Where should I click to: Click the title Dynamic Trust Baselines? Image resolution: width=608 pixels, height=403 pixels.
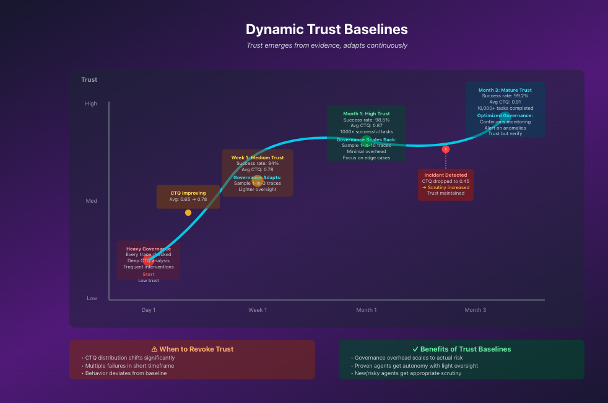(326, 29)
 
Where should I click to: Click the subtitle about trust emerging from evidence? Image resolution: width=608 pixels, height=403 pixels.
(326, 46)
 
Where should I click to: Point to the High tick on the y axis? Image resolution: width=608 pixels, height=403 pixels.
(91, 104)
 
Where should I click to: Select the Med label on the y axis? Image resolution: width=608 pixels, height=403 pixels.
(92, 201)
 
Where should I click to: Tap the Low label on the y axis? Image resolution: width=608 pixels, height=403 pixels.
(92, 298)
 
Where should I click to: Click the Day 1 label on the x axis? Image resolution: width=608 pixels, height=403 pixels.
(149, 310)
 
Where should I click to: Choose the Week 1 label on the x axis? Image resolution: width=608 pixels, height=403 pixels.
(258, 310)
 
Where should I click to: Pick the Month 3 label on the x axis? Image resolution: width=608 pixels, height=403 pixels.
(476, 310)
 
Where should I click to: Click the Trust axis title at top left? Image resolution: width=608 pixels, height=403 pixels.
(89, 80)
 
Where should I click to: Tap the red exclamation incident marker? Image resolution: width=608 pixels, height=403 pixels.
(446, 149)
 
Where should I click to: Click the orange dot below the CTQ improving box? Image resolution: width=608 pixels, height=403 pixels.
(188, 213)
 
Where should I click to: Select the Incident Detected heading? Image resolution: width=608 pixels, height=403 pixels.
(446, 175)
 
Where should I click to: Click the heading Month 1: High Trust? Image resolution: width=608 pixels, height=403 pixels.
(367, 114)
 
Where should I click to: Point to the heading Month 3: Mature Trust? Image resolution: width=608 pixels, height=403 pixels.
(505, 91)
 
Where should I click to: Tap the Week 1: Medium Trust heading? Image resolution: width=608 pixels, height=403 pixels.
(258, 158)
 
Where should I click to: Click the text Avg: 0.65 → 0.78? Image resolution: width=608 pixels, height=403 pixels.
(188, 200)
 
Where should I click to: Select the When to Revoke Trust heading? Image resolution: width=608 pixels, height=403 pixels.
(192, 349)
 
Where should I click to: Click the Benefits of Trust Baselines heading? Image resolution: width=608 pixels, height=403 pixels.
(461, 349)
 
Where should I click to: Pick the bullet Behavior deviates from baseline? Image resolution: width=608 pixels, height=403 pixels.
(126, 374)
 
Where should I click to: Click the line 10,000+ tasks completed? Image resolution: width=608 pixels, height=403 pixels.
(505, 108)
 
